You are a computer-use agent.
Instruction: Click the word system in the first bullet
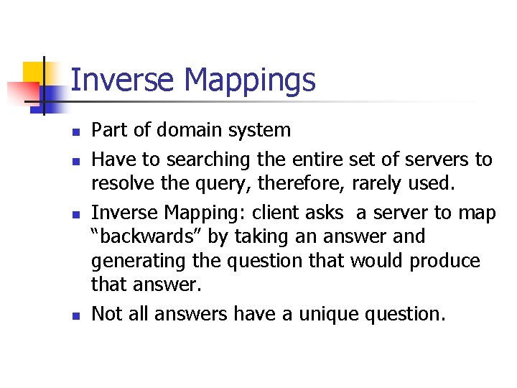tap(258, 130)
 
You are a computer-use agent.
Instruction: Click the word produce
tap(445, 260)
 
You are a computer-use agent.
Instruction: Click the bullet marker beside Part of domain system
tap(75, 132)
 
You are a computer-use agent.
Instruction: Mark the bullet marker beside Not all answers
tap(75, 315)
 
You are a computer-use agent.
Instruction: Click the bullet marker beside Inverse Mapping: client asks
tap(75, 215)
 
